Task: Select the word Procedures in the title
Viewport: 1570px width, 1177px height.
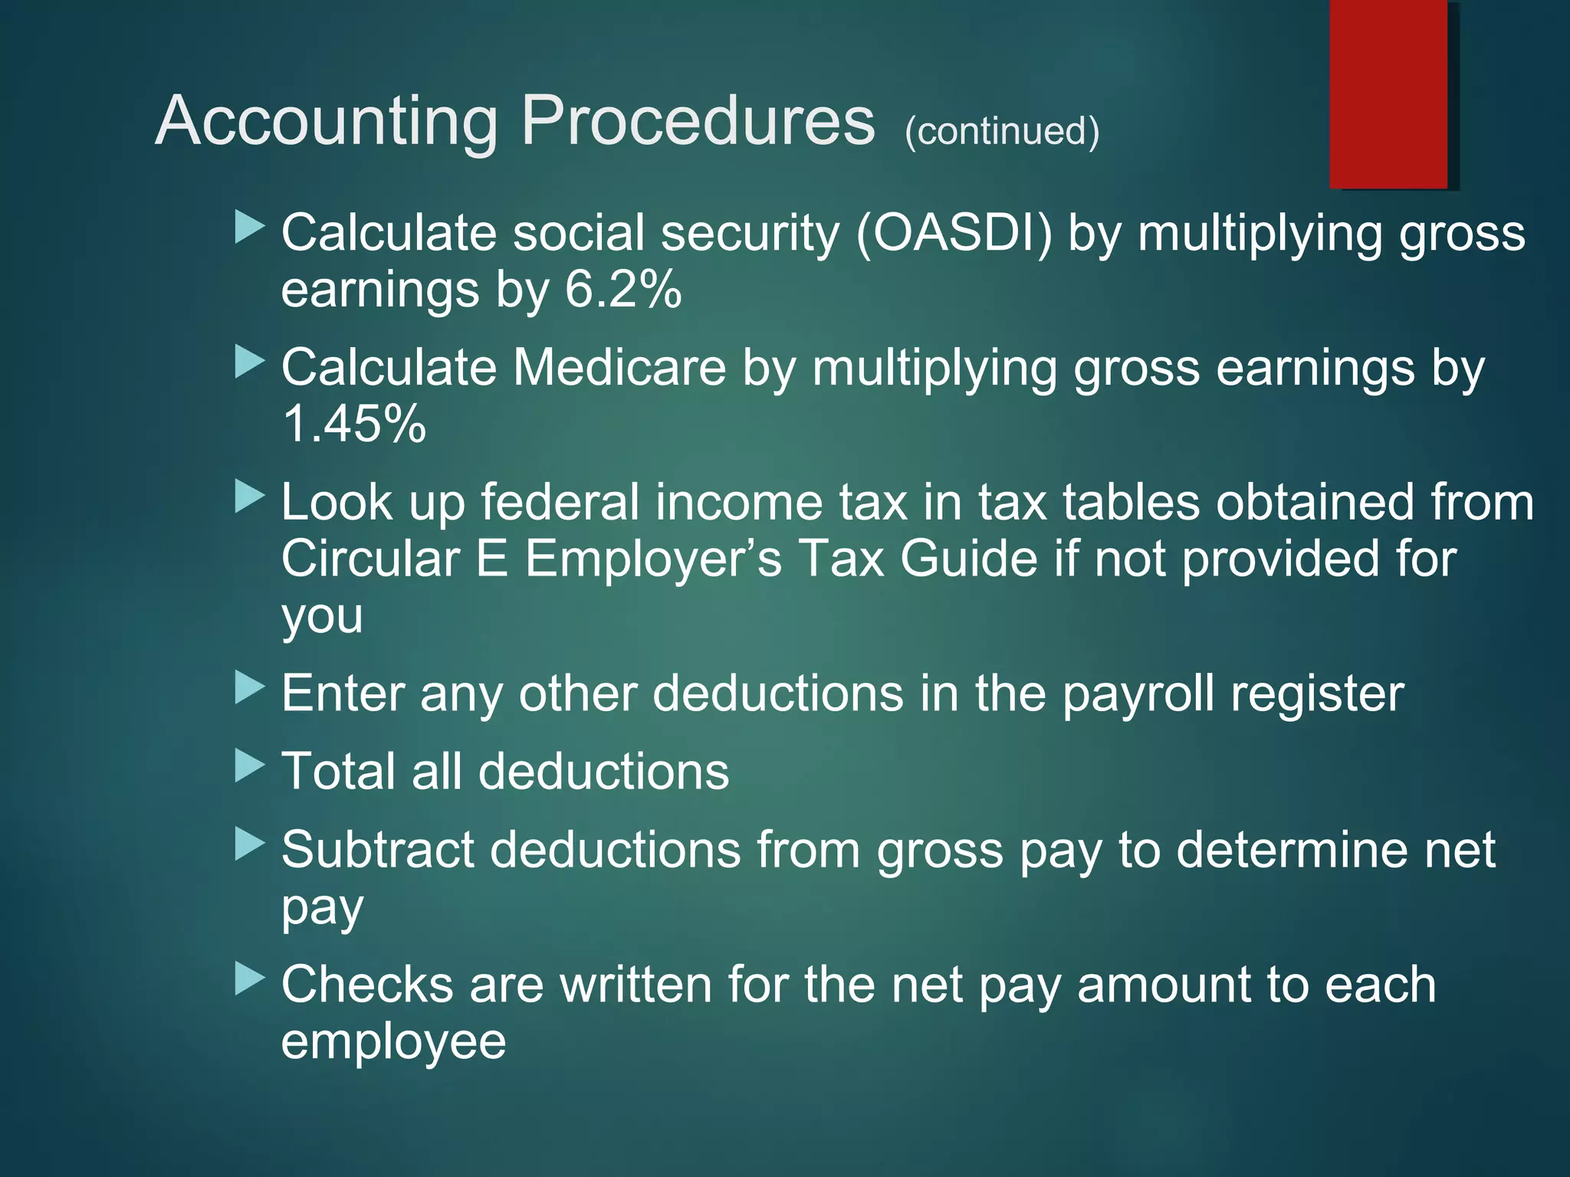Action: point(698,121)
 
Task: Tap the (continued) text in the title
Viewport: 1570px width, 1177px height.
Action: point(1002,131)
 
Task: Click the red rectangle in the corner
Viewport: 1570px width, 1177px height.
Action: point(1388,93)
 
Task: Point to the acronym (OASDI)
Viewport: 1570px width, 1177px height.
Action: point(954,233)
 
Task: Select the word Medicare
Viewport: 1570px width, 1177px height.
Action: point(619,368)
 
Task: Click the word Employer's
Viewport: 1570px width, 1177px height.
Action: point(653,559)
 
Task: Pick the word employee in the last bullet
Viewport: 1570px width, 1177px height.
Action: point(393,1041)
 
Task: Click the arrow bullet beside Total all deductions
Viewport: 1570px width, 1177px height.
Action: point(249,766)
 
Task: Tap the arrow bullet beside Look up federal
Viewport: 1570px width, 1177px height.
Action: point(249,497)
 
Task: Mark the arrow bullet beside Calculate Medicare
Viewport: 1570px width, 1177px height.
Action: point(249,362)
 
